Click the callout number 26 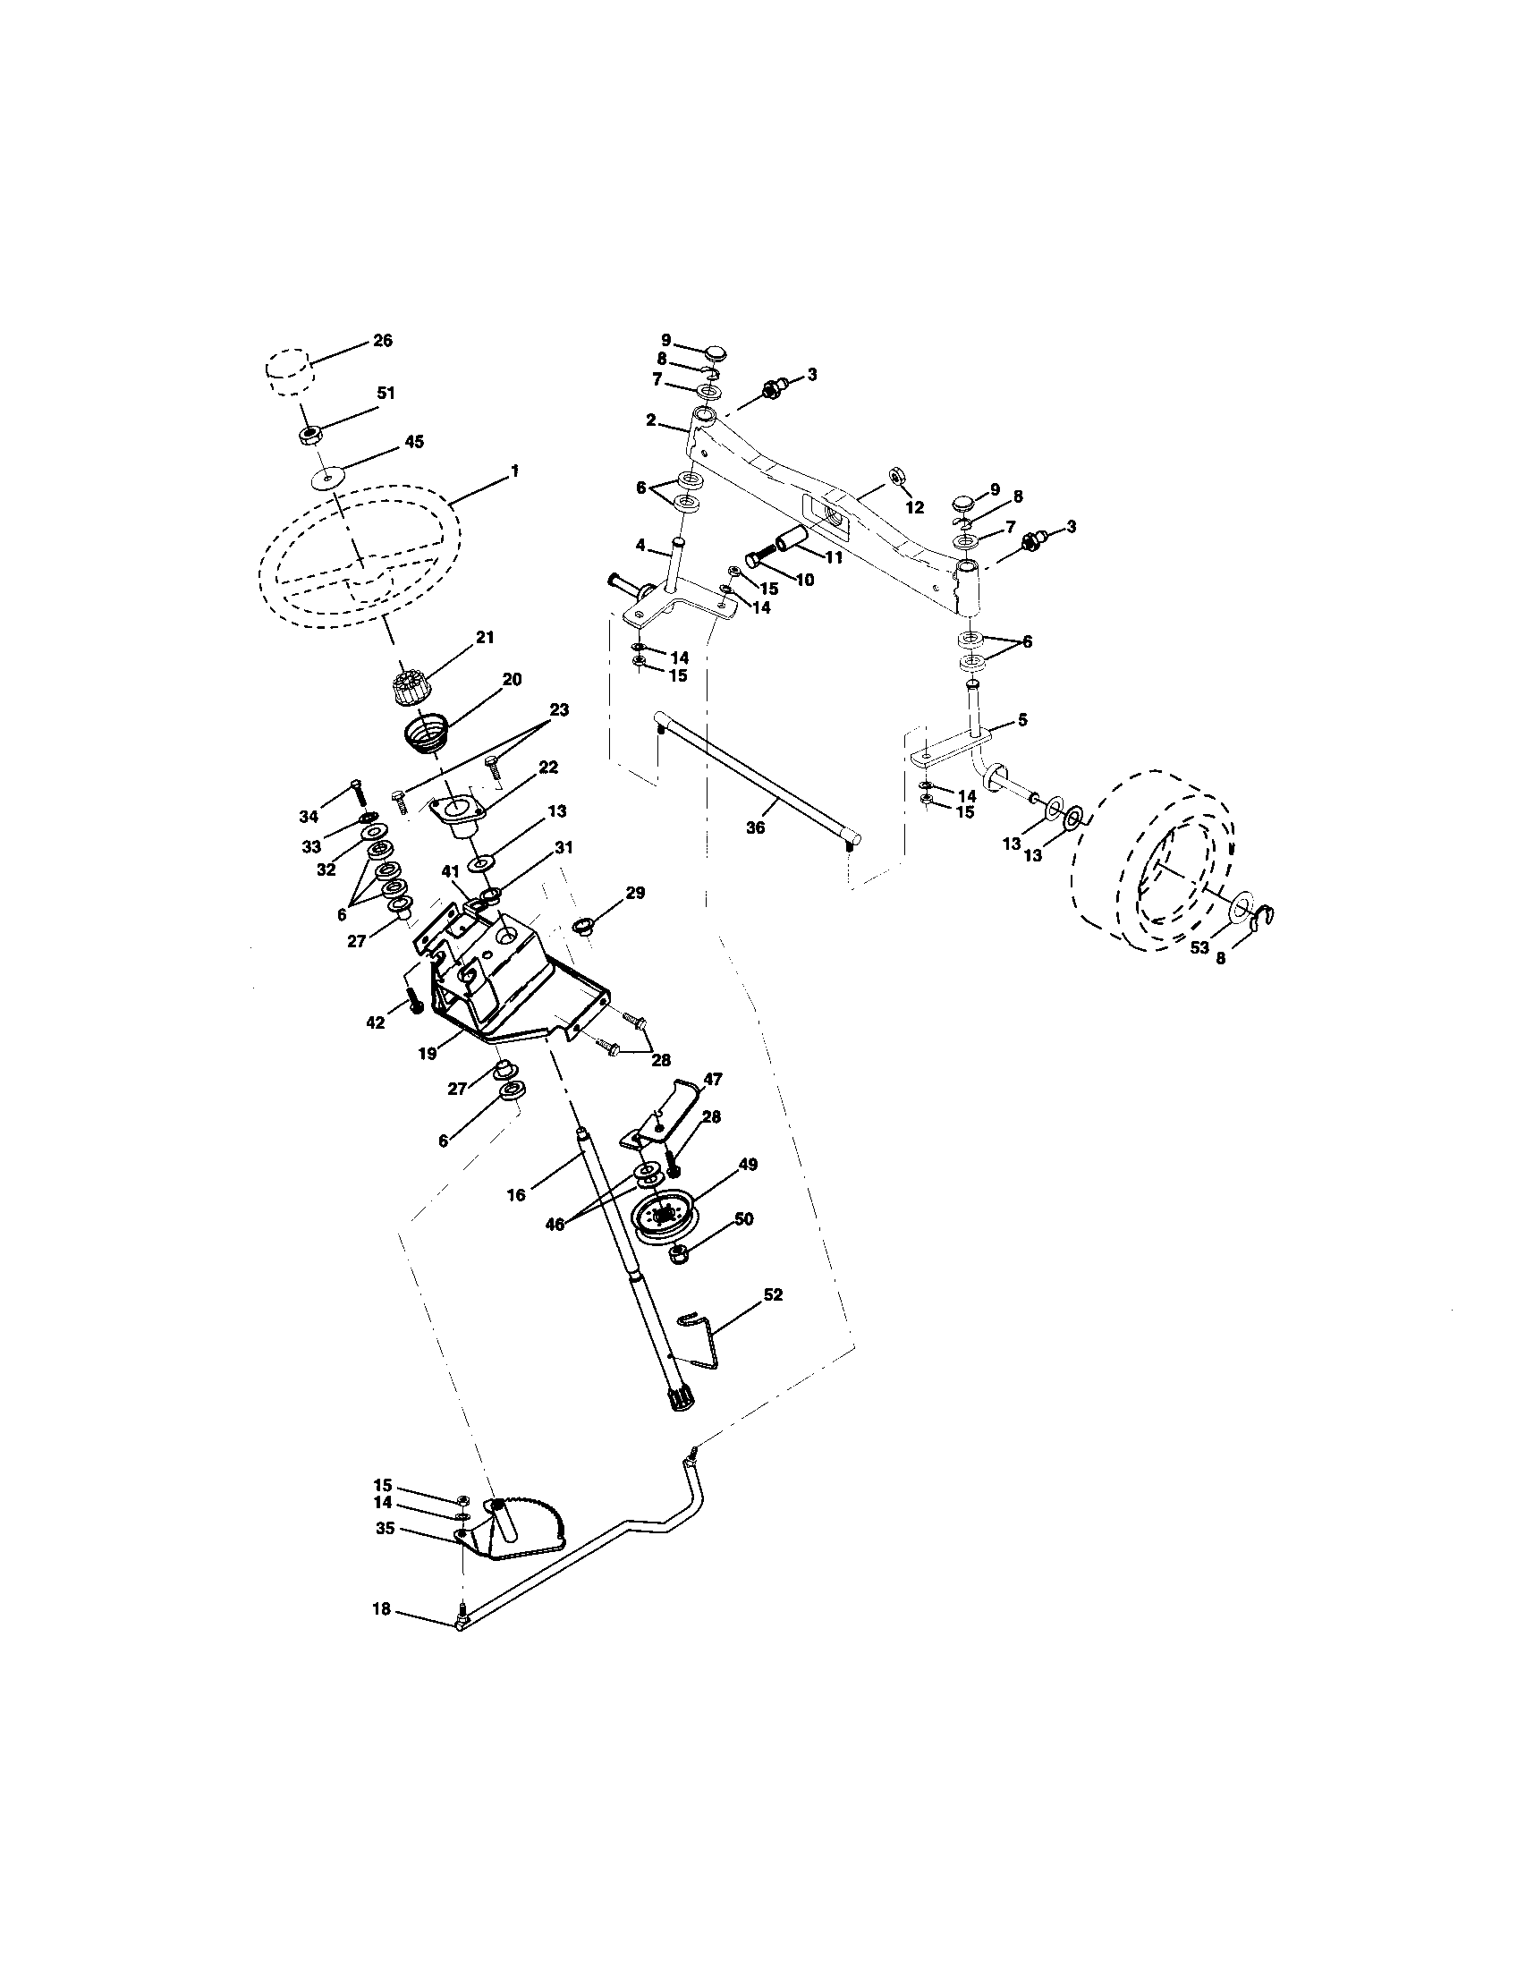(x=383, y=341)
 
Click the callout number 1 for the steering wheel (x=514, y=471)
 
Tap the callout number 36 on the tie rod (x=755, y=827)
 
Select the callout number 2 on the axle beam (x=651, y=420)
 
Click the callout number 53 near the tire (x=1199, y=948)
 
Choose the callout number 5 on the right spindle (x=1021, y=720)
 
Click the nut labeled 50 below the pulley (x=681, y=1253)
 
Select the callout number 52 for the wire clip (x=772, y=1295)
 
